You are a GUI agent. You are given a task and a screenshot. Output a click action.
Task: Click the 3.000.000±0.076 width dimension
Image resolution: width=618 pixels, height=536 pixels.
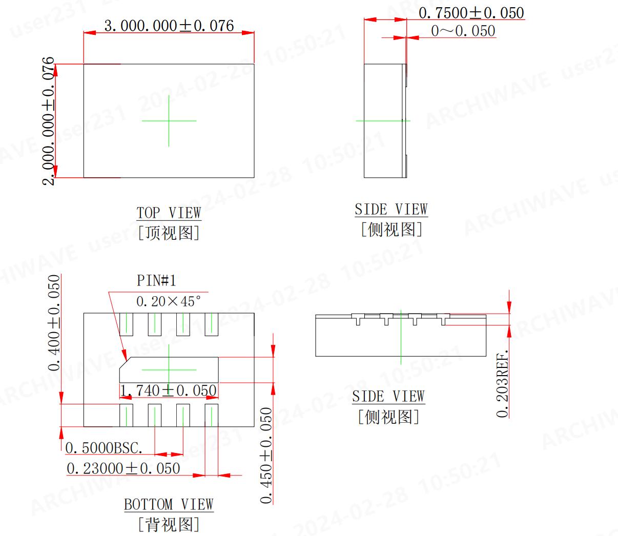(169, 25)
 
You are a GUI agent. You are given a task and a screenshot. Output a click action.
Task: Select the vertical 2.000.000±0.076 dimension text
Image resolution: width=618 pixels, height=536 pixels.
(48, 121)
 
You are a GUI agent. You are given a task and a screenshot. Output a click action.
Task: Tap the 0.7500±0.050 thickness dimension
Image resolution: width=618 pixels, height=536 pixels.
(471, 13)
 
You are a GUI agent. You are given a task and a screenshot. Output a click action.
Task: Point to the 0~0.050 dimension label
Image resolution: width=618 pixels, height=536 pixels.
(463, 31)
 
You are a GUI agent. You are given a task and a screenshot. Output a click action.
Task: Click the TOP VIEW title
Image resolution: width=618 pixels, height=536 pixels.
(169, 213)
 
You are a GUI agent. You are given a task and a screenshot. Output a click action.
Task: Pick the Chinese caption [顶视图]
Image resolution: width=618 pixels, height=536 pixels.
(169, 233)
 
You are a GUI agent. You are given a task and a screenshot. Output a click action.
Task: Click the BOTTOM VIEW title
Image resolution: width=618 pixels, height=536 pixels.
(169, 504)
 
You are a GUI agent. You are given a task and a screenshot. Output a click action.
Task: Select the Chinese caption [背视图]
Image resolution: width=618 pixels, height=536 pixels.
(169, 524)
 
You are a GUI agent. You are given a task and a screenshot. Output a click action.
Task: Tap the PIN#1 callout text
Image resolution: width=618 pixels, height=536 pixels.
(156, 280)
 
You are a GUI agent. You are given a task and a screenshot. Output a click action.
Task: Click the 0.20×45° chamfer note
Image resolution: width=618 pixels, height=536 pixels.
(169, 301)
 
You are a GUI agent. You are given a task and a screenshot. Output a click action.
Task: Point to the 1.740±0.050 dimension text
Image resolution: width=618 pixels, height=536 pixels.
(169, 390)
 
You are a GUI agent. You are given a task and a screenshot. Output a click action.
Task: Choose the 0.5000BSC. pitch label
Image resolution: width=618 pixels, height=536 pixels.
(104, 448)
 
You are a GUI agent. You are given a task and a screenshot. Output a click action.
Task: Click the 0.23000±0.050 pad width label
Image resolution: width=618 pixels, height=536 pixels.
(123, 468)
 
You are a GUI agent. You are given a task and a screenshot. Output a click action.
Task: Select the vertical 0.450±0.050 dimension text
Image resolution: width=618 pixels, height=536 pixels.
(266, 456)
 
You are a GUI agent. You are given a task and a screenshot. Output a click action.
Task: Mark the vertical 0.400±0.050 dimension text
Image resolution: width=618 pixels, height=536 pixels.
(54, 323)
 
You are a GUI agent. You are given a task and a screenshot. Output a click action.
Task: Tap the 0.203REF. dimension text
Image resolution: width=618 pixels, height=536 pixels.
(503, 384)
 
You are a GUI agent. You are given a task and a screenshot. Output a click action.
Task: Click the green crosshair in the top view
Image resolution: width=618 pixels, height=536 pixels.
(169, 121)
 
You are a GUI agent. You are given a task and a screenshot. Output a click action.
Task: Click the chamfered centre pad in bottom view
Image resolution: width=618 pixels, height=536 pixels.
(169, 369)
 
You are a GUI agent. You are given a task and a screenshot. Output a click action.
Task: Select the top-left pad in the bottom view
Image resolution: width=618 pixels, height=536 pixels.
(126, 324)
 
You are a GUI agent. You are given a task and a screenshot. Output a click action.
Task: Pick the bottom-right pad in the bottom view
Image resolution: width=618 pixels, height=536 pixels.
(211, 415)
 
